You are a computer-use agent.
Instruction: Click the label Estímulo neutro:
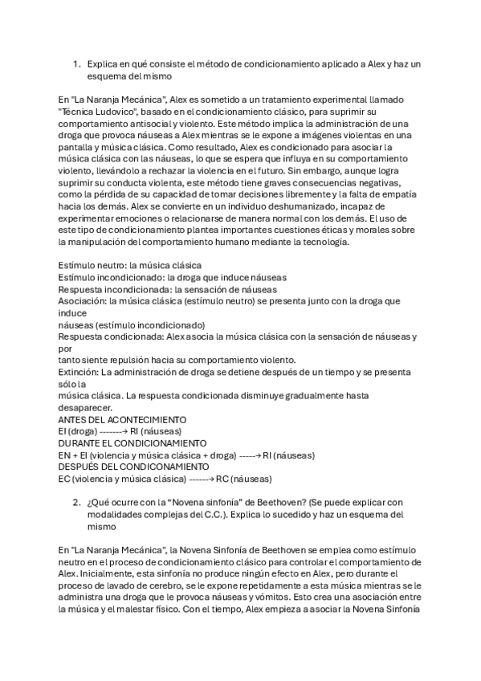click(90, 265)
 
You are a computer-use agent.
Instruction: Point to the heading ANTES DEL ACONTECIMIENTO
click(123, 419)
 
